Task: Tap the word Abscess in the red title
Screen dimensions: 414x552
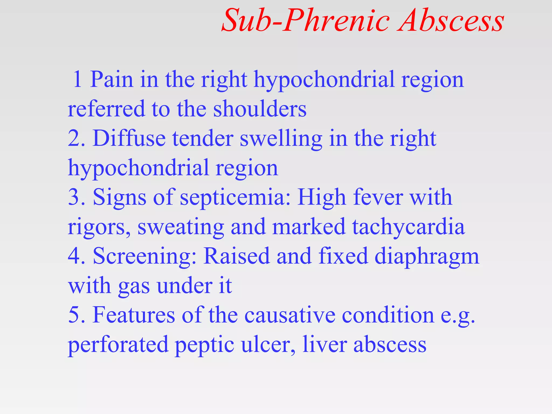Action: click(x=452, y=21)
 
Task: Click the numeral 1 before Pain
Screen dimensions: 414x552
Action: click(x=78, y=79)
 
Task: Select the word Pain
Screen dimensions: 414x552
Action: click(x=112, y=79)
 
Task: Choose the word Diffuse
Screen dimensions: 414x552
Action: click(x=129, y=138)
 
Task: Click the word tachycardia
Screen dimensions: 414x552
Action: click(x=408, y=227)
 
